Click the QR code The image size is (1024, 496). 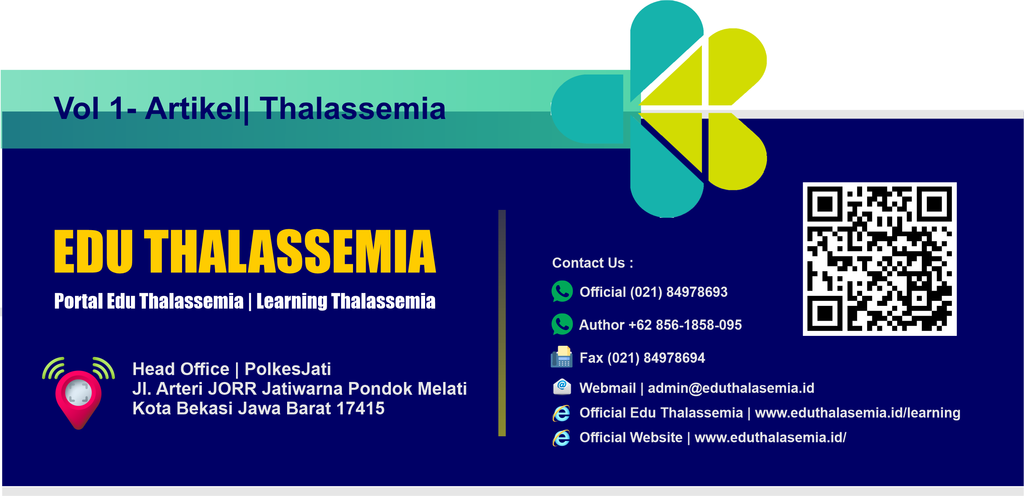(x=879, y=259)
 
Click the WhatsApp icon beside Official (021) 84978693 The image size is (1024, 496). (x=562, y=291)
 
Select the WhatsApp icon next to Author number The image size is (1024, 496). (x=562, y=324)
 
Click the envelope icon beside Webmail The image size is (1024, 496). (x=562, y=387)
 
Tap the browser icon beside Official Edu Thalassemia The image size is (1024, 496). (x=561, y=413)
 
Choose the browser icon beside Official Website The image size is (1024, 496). (x=561, y=438)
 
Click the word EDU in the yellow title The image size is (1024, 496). (x=94, y=251)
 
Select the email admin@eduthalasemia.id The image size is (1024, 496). (x=731, y=388)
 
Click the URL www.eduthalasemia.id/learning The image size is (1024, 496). (x=858, y=413)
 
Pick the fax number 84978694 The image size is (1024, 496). (x=674, y=358)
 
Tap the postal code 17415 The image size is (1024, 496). (x=360, y=409)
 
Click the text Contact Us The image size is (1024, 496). (x=589, y=263)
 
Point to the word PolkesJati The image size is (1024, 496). (x=288, y=369)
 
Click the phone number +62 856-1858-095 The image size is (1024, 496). (x=685, y=325)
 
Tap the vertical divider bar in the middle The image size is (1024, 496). (x=502, y=323)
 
